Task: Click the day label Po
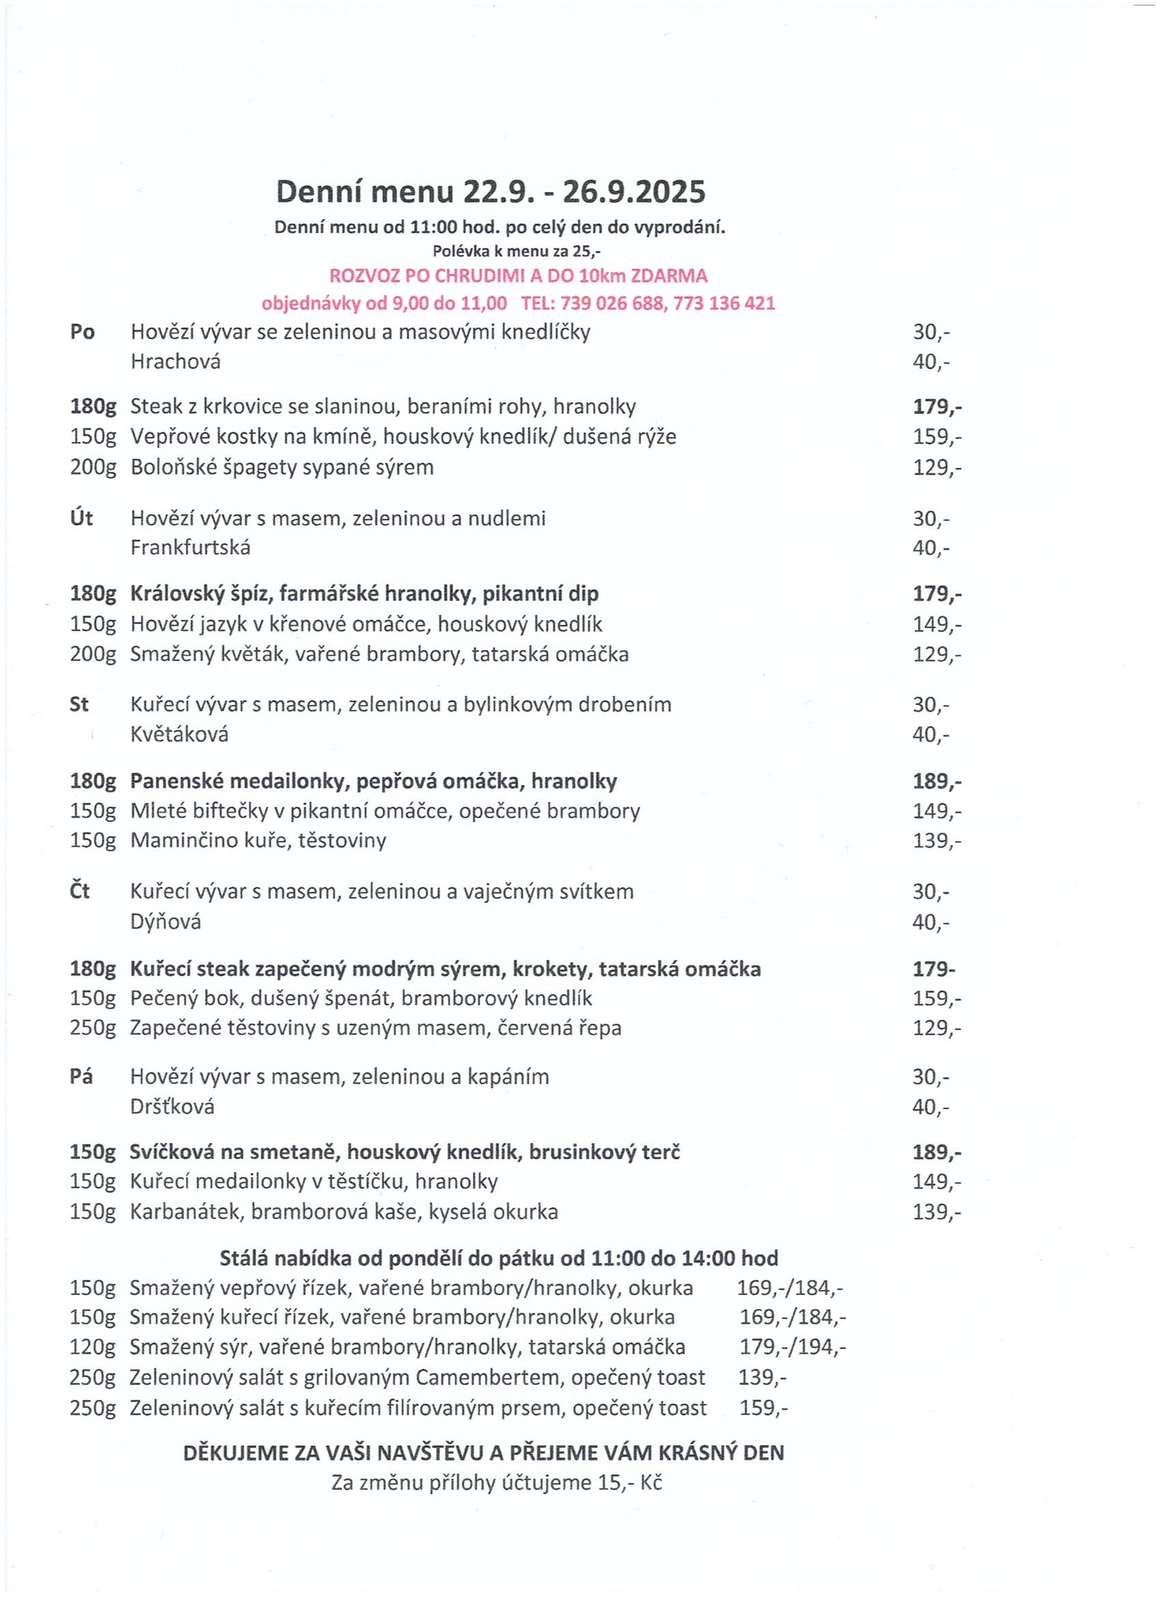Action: click(83, 332)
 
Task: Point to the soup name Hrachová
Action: click(176, 362)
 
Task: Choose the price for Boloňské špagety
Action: click(937, 467)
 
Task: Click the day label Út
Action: click(83, 519)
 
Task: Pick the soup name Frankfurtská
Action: click(190, 548)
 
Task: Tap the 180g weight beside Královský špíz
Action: click(92, 594)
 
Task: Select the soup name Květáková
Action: click(180, 735)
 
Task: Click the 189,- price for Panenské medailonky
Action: click(937, 781)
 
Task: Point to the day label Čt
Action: click(81, 891)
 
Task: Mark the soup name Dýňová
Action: click(165, 922)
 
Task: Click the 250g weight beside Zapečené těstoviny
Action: click(92, 1028)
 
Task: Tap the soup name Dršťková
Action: click(173, 1107)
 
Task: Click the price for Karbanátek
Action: click(937, 1212)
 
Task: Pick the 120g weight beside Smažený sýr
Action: click(92, 1348)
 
